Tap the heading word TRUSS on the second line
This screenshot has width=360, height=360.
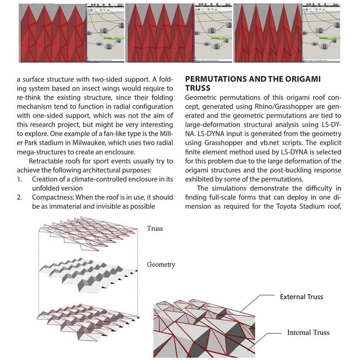198,88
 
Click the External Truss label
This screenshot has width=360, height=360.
301,297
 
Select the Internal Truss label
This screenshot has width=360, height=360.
308,333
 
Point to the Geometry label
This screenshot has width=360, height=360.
161,265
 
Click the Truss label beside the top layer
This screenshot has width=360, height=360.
155,229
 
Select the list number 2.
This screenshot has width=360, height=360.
20,198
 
